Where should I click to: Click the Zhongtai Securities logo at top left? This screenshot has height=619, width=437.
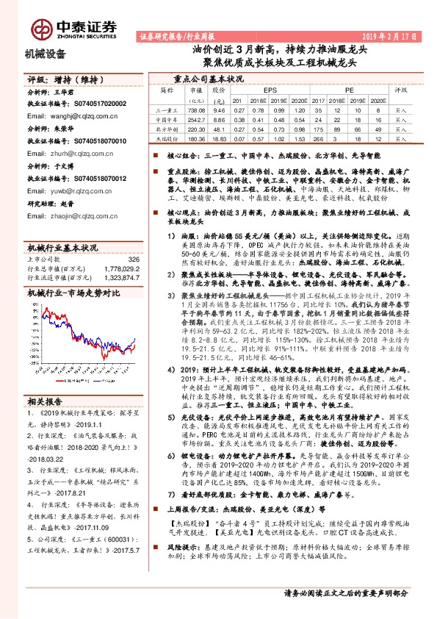[73, 27]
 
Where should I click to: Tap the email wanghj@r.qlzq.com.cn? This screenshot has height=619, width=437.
[76, 115]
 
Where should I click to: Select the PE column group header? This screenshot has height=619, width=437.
[350, 90]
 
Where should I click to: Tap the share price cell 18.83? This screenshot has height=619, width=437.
[218, 137]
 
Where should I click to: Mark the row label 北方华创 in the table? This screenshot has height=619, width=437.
[167, 128]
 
